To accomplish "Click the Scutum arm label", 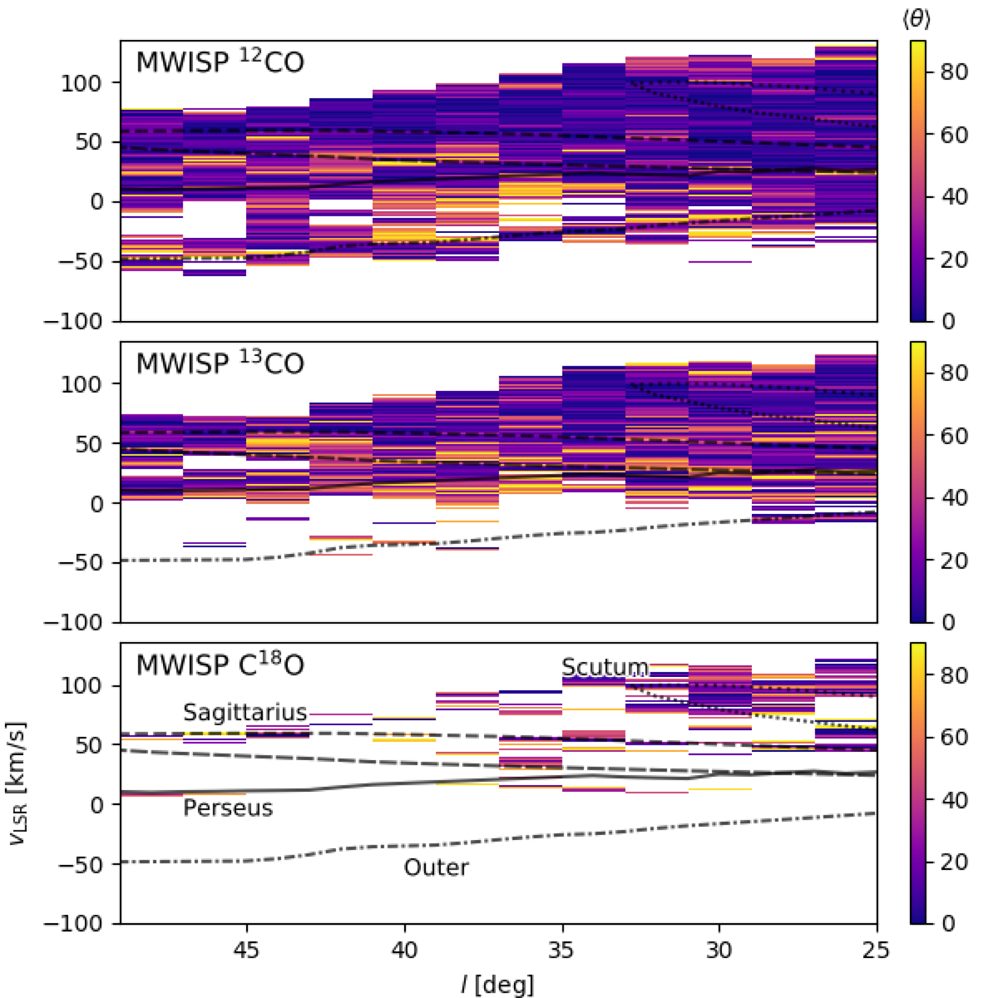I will coord(605,667).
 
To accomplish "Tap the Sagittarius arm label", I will coord(245,713).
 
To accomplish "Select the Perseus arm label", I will coord(228,808).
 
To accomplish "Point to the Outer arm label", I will coord(436,867).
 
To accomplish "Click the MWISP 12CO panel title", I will coord(220,63).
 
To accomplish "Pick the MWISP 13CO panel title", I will coord(220,364).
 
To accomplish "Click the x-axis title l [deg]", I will coord(497,985).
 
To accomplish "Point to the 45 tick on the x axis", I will coord(246,948).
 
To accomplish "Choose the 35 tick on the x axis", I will coord(561,948).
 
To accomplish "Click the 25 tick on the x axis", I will coord(877,948).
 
